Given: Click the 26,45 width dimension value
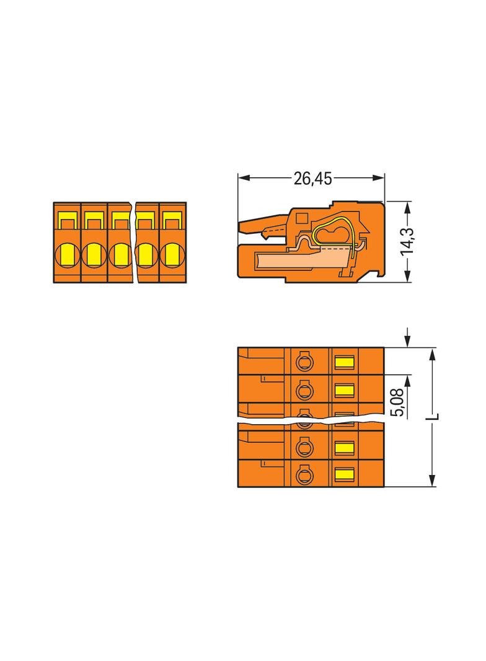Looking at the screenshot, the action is click(x=313, y=179).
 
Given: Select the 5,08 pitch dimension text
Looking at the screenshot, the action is click(x=397, y=402).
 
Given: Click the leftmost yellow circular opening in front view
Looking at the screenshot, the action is click(x=68, y=255).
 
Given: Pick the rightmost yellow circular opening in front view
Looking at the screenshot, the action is click(x=172, y=255).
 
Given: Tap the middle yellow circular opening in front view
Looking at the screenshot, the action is click(x=120, y=255).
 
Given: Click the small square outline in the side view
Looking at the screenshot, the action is click(x=302, y=218).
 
